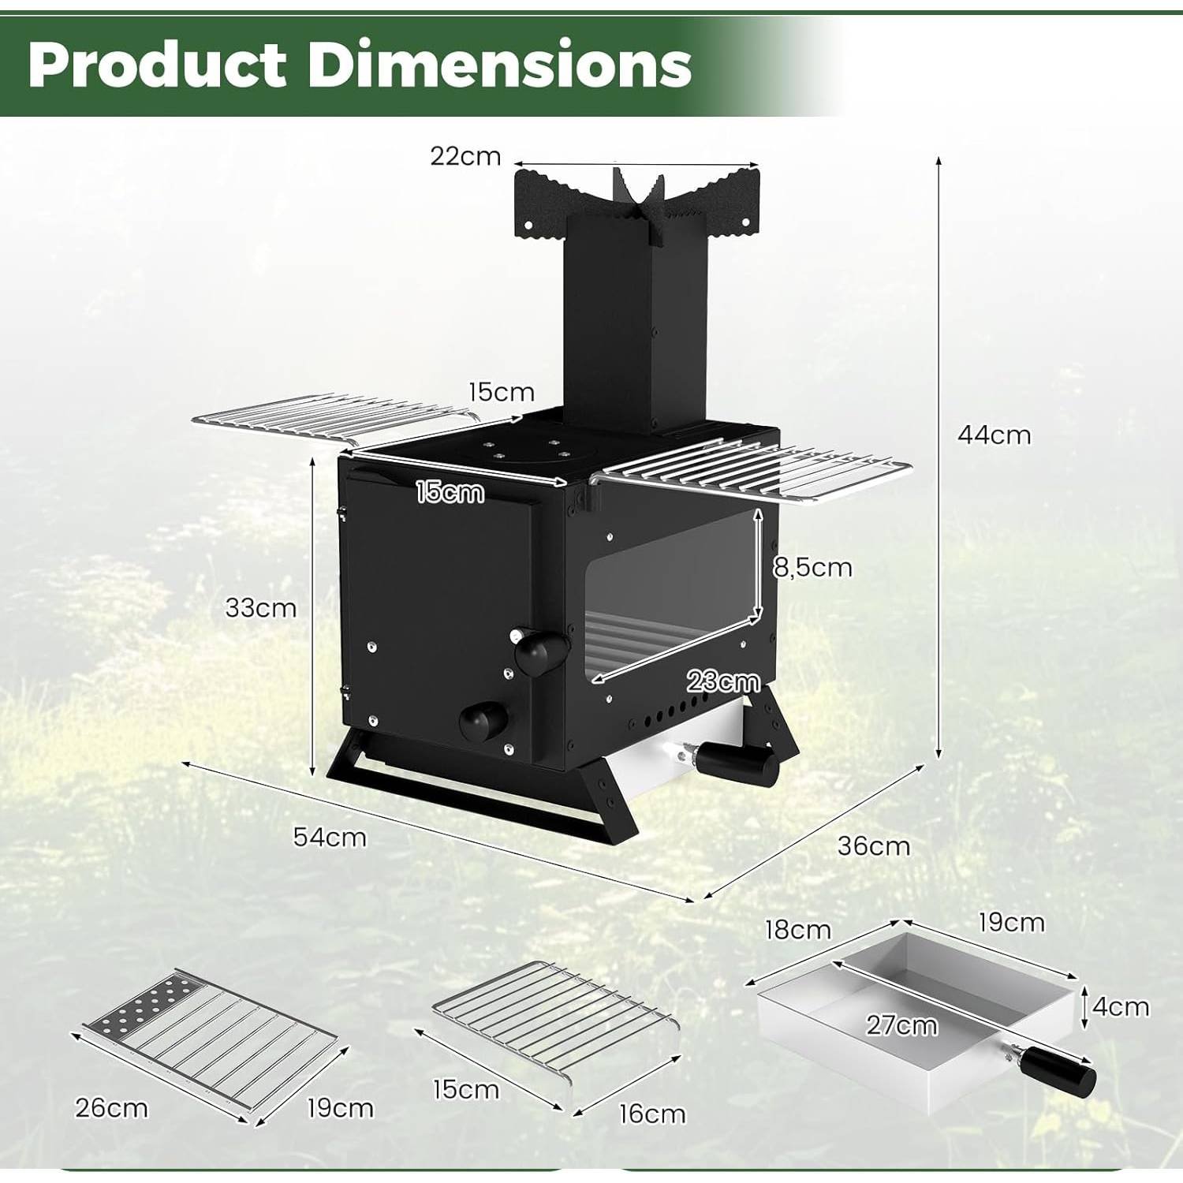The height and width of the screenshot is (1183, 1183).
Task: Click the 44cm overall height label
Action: (x=994, y=435)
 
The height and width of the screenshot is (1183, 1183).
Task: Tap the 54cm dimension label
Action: (x=330, y=837)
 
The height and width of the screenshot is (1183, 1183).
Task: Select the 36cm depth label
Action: (x=873, y=846)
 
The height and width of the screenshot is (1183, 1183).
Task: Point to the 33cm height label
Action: (x=261, y=608)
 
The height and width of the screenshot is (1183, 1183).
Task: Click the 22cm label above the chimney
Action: (x=465, y=156)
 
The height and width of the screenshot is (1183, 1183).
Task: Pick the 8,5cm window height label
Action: (x=812, y=568)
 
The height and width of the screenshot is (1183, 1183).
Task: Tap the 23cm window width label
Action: (x=723, y=681)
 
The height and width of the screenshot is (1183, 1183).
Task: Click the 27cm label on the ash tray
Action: (x=902, y=1025)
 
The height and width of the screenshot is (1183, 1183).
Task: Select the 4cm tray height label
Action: (x=1121, y=1007)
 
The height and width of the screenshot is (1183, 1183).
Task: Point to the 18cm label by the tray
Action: (x=798, y=930)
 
